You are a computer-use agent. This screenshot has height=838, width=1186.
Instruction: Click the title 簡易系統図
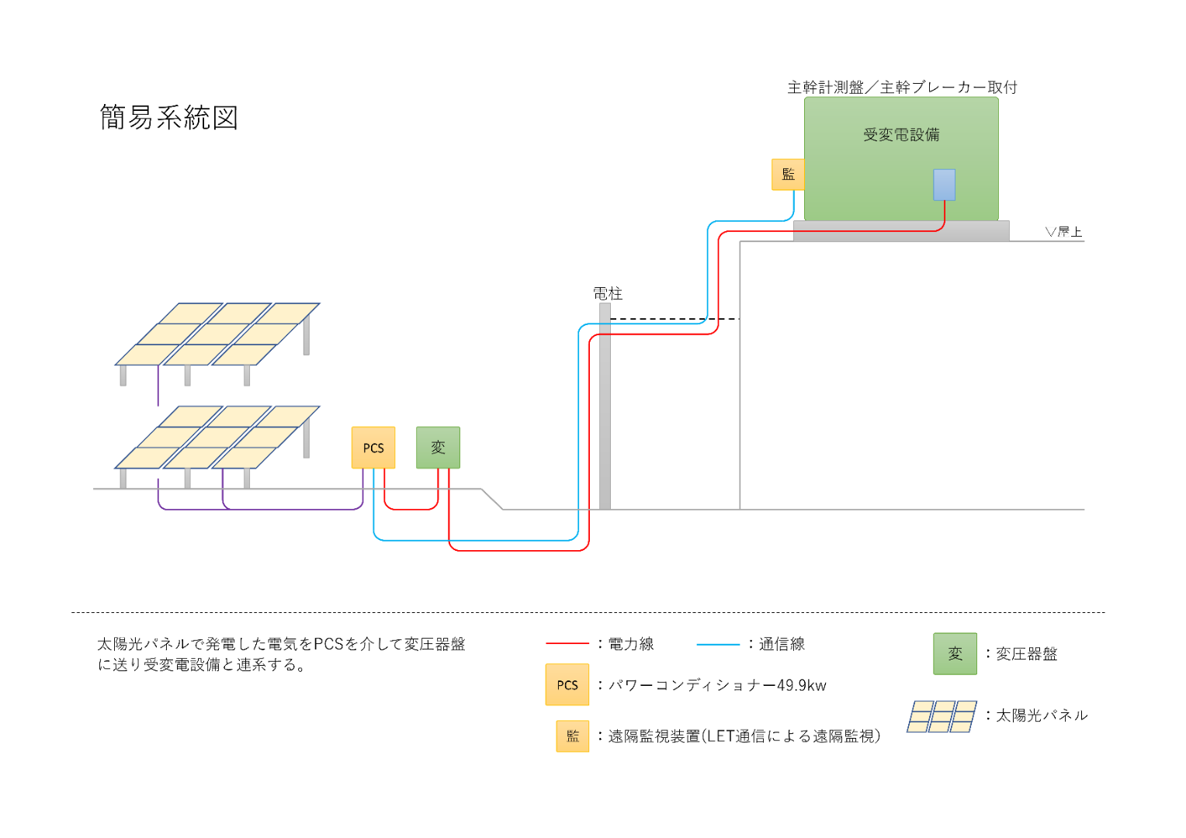click(x=169, y=117)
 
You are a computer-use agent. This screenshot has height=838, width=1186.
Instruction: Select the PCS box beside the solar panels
click(x=373, y=448)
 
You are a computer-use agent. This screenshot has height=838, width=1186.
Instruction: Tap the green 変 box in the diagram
click(x=438, y=448)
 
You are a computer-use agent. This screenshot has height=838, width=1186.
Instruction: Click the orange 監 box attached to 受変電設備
click(x=788, y=174)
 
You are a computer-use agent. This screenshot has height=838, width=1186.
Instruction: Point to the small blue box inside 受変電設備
click(x=944, y=185)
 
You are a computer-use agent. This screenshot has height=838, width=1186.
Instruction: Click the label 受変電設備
click(x=901, y=135)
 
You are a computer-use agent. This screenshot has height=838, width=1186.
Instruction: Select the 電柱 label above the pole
click(x=607, y=293)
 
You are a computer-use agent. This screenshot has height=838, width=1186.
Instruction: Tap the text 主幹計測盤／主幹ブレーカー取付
click(x=902, y=88)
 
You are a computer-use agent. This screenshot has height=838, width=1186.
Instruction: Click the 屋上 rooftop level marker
click(x=1063, y=232)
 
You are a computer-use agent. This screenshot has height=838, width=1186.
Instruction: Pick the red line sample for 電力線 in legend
click(x=567, y=644)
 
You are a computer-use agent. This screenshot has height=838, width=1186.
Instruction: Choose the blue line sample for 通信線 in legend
click(x=718, y=644)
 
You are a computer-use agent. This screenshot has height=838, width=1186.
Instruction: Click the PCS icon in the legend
click(x=567, y=684)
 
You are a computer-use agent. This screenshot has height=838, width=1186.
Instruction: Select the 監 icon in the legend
click(x=572, y=736)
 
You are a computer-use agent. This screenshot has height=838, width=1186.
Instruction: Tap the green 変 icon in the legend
click(x=955, y=654)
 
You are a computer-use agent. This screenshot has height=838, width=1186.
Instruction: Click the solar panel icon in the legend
click(x=942, y=717)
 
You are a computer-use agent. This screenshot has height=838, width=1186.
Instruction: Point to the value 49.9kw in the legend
click(x=802, y=686)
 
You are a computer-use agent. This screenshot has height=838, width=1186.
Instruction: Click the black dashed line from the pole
click(x=675, y=319)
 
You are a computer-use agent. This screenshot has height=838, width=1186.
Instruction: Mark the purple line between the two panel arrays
click(x=158, y=386)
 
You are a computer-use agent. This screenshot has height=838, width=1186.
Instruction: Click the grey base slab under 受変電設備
click(x=901, y=230)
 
